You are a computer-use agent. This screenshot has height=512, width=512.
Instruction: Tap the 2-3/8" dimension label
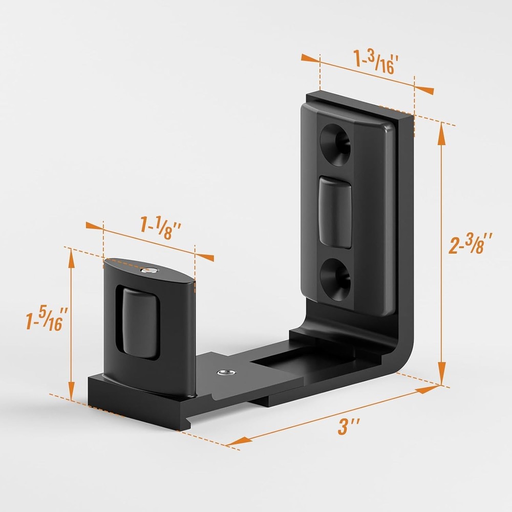coord(471,243)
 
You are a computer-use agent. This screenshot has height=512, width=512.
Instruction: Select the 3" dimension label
coord(349,426)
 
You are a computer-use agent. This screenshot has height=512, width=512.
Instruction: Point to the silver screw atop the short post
coord(149,269)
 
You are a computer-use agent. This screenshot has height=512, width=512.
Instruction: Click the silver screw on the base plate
coord(224,372)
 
